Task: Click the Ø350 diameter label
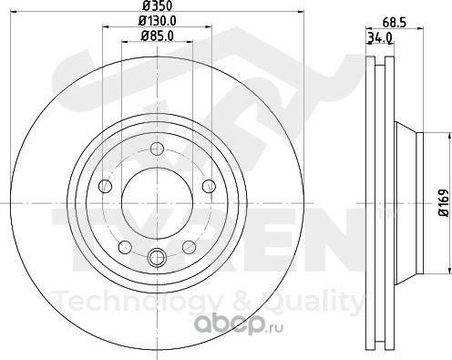(158, 5)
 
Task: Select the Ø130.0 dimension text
(158, 21)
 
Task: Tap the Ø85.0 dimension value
(158, 36)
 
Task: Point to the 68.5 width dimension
(395, 23)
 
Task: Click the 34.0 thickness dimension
(380, 38)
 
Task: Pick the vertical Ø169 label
(444, 202)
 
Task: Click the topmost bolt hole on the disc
(157, 149)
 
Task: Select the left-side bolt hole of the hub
(106, 186)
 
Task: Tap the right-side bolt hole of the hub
(209, 186)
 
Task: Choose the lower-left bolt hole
(125, 247)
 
